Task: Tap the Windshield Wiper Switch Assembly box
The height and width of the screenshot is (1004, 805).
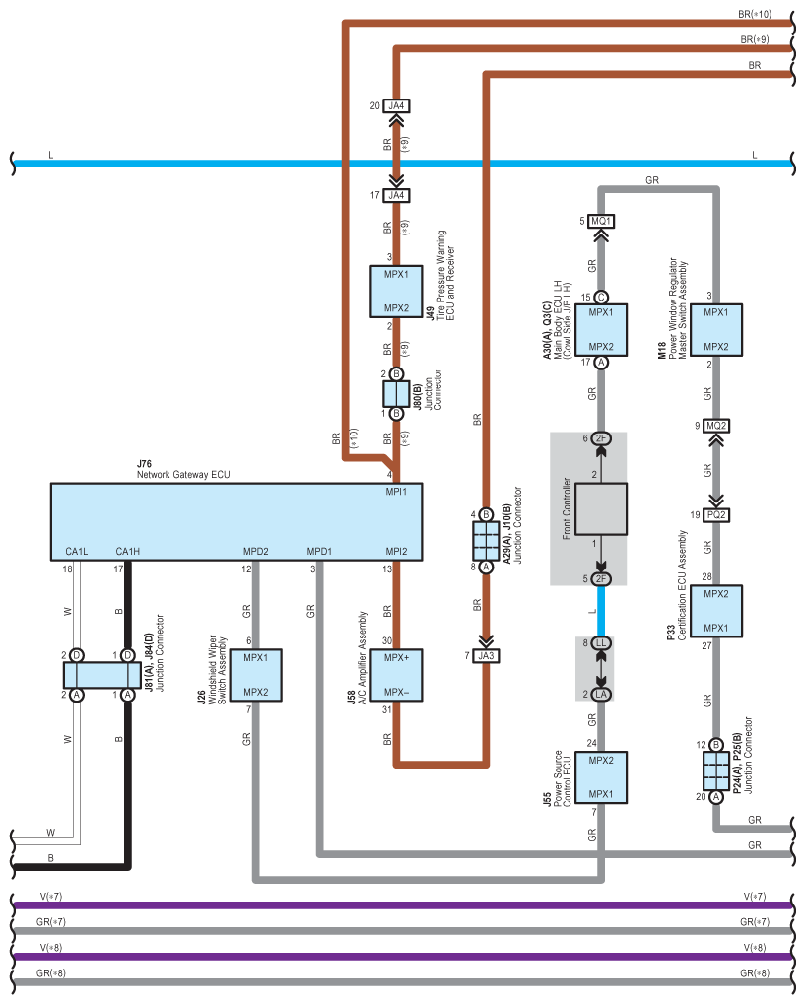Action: pos(256,675)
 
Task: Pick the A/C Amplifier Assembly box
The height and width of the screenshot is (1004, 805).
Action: pos(396,675)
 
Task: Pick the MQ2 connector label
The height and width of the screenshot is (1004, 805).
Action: pos(716,426)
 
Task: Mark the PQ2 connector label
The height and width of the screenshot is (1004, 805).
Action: pos(716,515)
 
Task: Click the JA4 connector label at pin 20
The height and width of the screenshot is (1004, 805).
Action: pos(396,106)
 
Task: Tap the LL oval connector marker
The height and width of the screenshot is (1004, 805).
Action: pos(602,643)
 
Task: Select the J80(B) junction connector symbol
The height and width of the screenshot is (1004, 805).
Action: pos(396,394)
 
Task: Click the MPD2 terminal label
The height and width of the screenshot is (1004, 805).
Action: pos(256,551)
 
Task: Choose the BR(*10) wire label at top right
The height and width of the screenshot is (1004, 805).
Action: pos(755,16)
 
